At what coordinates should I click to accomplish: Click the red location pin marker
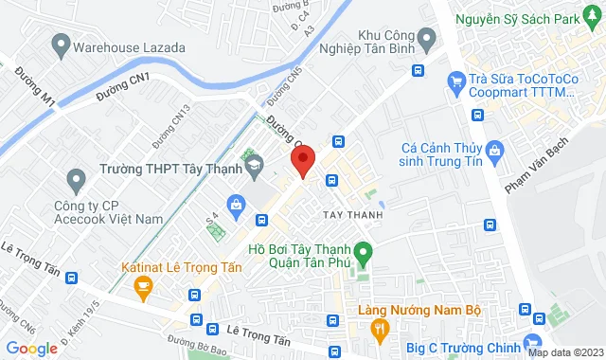click(302, 160)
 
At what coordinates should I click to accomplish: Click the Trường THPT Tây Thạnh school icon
click(253, 169)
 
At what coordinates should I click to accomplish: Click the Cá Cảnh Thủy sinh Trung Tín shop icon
click(492, 150)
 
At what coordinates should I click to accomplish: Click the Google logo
click(31, 348)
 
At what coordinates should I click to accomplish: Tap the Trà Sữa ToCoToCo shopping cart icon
click(457, 81)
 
